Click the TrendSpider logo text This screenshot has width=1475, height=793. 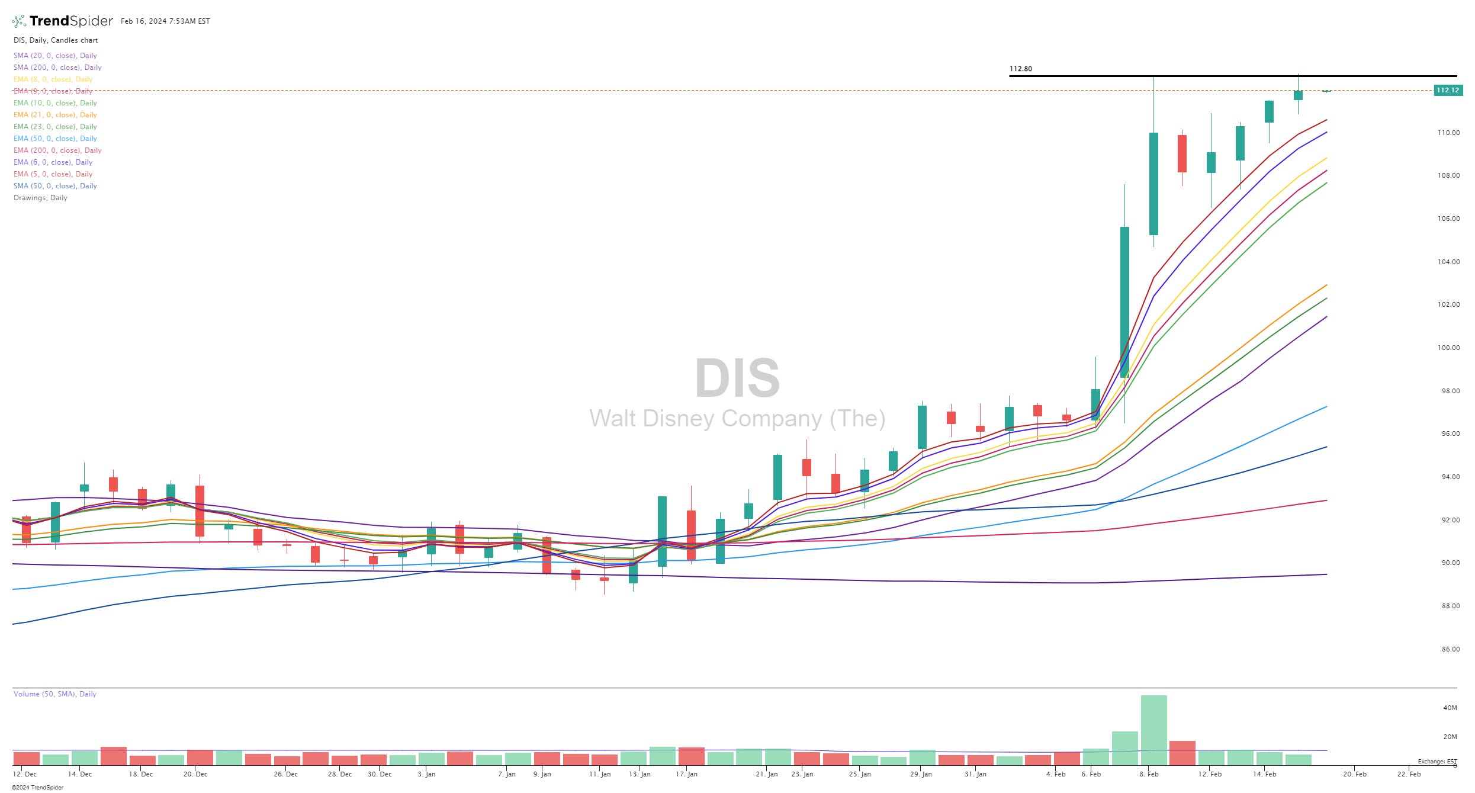tap(70, 21)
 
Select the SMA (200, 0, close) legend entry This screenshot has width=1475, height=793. tap(57, 68)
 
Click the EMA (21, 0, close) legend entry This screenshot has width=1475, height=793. tap(55, 115)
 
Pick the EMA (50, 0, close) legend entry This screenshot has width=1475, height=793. tap(55, 139)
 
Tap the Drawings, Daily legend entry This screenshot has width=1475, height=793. tap(40, 198)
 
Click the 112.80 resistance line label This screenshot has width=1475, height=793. tap(1020, 69)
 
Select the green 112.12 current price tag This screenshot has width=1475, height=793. tap(1447, 90)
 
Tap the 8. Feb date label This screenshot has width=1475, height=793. tap(1149, 774)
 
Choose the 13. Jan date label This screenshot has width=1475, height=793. tap(640, 774)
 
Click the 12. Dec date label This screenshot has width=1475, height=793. tap(24, 774)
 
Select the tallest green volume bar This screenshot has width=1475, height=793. tap(1153, 730)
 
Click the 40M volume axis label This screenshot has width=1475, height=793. tap(1450, 708)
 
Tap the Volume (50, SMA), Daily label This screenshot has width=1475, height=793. tap(54, 694)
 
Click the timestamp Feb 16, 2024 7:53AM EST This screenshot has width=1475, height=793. tap(165, 21)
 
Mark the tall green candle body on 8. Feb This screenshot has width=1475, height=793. tap(1153, 184)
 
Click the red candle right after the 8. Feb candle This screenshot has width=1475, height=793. tap(1182, 153)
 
